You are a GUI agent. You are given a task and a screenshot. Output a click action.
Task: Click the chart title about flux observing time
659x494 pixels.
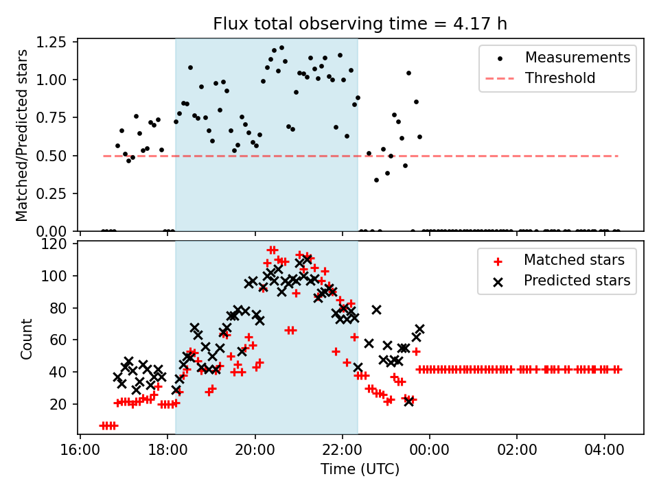pyautogui.click(x=360, y=25)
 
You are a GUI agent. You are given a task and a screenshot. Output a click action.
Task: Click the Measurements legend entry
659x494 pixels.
pyautogui.click(x=577, y=57)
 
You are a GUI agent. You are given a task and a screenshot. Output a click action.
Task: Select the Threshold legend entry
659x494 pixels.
pyautogui.click(x=560, y=78)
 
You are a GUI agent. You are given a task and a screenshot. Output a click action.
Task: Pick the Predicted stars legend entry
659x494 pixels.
pyautogui.click(x=577, y=281)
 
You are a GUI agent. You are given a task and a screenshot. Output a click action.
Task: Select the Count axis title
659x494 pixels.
pyautogui.click(x=26, y=339)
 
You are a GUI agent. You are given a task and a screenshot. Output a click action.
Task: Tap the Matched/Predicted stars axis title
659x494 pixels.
pyautogui.click(x=22, y=135)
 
